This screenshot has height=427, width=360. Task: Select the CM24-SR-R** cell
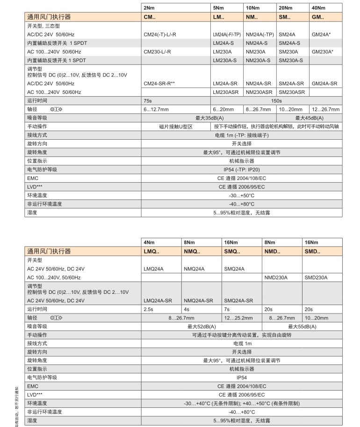pyautogui.click(x=159, y=84)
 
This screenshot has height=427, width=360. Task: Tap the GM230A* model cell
pyautogui.click(x=323, y=51)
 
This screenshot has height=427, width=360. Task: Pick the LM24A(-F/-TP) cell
pyautogui.click(x=227, y=35)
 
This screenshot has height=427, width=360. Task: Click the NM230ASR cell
pyautogui.click(x=260, y=92)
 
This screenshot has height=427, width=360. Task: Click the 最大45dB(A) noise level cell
pyautogui.click(x=309, y=118)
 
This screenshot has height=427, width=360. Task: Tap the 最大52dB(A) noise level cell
pyautogui.click(x=202, y=327)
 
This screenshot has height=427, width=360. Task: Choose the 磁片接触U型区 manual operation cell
pyautogui.click(x=176, y=127)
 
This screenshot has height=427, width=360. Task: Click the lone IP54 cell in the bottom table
pyautogui.click(x=242, y=377)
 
